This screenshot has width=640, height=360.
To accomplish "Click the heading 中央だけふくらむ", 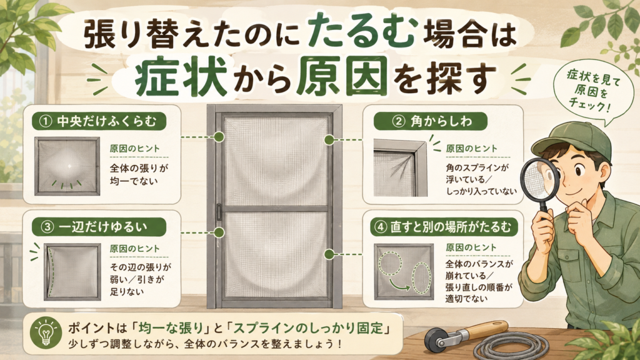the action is click(106, 121).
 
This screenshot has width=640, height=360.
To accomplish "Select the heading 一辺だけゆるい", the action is click(102, 226).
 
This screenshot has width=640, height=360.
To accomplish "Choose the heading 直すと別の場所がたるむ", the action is click(451, 227).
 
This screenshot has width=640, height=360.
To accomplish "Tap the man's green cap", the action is click(571, 141).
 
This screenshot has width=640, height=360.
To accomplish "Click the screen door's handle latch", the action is click(219, 212).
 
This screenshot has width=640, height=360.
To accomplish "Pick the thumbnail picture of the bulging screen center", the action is click(67, 166).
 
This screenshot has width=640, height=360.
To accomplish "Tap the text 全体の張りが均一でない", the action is click(139, 174).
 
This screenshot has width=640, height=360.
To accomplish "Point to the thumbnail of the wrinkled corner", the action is click(401, 167).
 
